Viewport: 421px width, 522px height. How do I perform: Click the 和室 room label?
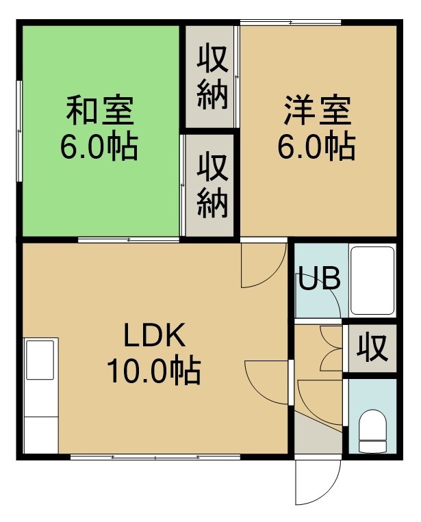(x=100, y=111)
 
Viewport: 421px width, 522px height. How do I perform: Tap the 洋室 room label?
(x=318, y=111)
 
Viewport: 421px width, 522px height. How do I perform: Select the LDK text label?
(x=154, y=335)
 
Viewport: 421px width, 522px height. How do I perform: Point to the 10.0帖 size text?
(x=153, y=371)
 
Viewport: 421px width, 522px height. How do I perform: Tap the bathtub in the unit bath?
(x=372, y=280)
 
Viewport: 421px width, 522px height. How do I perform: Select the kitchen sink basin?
(x=40, y=360)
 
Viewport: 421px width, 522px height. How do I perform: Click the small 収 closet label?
(x=372, y=348)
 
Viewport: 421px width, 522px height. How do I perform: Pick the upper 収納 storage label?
(x=212, y=77)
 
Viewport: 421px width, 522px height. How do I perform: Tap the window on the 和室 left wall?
(x=20, y=131)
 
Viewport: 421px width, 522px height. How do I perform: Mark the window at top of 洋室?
(x=291, y=23)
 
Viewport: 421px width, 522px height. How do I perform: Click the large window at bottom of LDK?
(x=155, y=457)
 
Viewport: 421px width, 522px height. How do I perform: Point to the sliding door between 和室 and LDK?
(x=129, y=239)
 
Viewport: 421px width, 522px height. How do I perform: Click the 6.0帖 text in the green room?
(x=99, y=147)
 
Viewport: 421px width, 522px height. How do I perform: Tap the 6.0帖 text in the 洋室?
(x=317, y=146)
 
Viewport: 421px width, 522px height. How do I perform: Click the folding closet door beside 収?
(x=331, y=348)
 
